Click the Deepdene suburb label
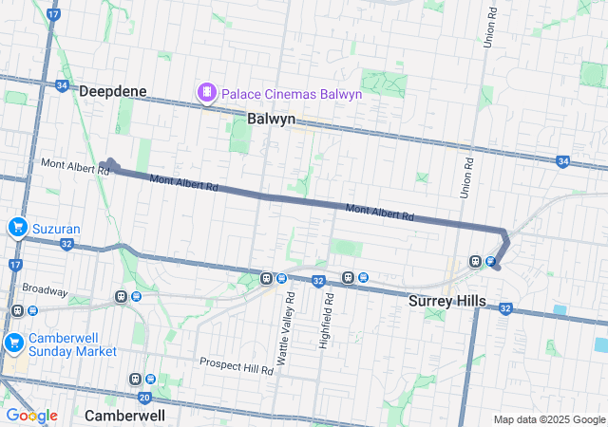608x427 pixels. point(113,91)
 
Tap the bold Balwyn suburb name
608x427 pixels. point(271,120)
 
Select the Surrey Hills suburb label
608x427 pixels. point(446,302)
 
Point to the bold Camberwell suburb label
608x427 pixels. point(124,416)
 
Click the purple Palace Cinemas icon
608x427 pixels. point(205,92)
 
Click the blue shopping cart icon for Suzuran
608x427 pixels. point(17,228)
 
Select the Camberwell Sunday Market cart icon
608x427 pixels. point(13,343)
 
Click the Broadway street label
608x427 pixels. point(46,289)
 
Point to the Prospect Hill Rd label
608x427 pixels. point(237,365)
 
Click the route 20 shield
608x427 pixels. point(144,398)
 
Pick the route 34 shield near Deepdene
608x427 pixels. point(62,85)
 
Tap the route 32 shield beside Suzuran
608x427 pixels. point(66,243)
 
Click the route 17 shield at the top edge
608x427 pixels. point(52,15)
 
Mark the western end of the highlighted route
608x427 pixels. point(108,165)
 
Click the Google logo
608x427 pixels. point(31,416)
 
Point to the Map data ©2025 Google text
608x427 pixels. point(548,419)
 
